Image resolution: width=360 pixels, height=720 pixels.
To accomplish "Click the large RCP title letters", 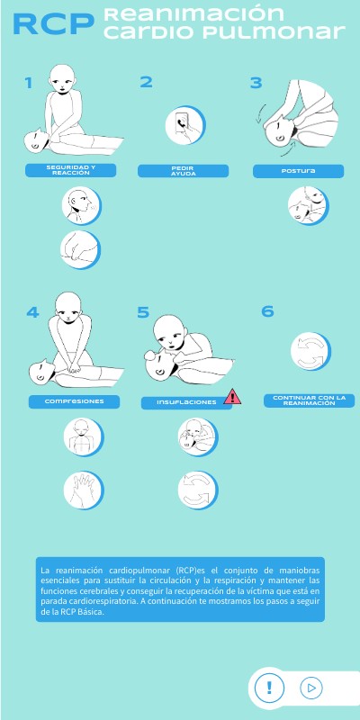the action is (53, 24).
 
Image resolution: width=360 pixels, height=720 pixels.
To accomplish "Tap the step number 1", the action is (29, 83).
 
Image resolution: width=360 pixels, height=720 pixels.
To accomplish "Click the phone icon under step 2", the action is (185, 125).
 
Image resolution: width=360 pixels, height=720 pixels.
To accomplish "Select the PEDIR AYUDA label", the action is (184, 171).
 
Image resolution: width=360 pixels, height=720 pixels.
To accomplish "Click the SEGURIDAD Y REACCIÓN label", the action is (71, 170).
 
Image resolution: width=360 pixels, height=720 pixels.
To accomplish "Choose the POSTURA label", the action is (299, 171).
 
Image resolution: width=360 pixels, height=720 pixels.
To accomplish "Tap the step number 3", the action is (256, 83).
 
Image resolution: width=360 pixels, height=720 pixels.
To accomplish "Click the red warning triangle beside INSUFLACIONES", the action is (232, 397).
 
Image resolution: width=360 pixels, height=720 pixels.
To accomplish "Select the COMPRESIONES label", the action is (75, 401).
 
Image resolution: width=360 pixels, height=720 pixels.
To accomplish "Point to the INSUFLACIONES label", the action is (186, 402).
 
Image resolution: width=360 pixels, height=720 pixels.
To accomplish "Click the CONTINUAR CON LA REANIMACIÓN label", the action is (309, 400).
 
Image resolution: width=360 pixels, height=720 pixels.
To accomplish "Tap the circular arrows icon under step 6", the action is (310, 352).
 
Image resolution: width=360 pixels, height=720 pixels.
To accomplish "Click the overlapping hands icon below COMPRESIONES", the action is (84, 490).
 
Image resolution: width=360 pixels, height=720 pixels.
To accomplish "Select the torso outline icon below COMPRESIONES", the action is (84, 437).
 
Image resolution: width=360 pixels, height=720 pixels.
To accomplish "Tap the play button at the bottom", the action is (311, 688).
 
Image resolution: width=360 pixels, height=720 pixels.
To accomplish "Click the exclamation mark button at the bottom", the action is (269, 688).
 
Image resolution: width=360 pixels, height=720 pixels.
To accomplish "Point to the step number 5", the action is (143, 312).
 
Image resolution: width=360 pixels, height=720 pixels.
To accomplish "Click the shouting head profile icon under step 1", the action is (82, 206).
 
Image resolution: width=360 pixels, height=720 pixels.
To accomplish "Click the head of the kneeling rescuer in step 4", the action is (68, 305).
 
